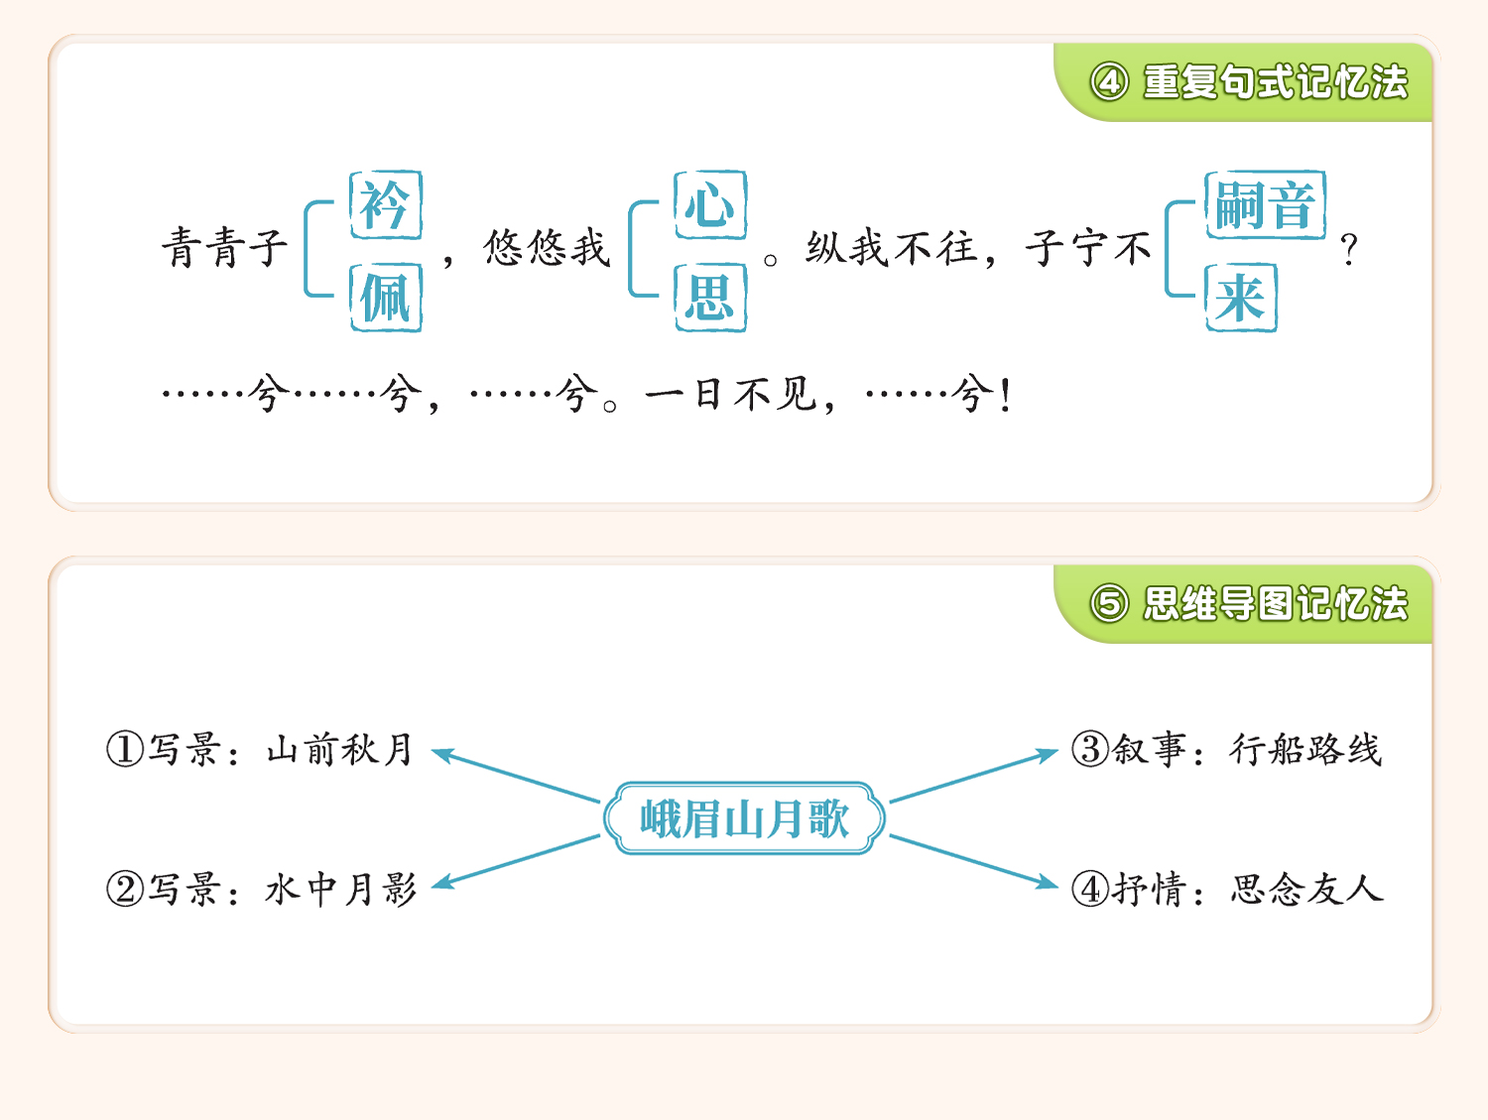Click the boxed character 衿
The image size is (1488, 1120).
[x=386, y=205]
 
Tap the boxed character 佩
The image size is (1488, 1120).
[x=386, y=298]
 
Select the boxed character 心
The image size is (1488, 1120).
[x=710, y=205]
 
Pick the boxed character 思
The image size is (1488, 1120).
[x=710, y=298]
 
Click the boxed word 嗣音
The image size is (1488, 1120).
[x=1266, y=205]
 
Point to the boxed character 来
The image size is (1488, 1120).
[x=1241, y=298]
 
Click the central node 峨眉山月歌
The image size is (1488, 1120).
[x=744, y=818]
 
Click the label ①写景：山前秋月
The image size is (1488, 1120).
[x=260, y=750]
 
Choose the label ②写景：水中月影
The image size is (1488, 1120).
[x=262, y=890]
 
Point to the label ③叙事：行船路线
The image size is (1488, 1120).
[x=1226, y=750]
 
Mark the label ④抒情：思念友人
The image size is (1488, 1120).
[x=1227, y=890]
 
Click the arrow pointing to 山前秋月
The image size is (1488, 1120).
[x=516, y=776]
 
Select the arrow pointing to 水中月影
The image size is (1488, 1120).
[x=516, y=861]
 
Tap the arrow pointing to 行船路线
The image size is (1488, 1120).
[x=974, y=776]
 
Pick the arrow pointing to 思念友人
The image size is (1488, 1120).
[x=974, y=861]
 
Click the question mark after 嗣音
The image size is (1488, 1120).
[x=1348, y=250]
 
